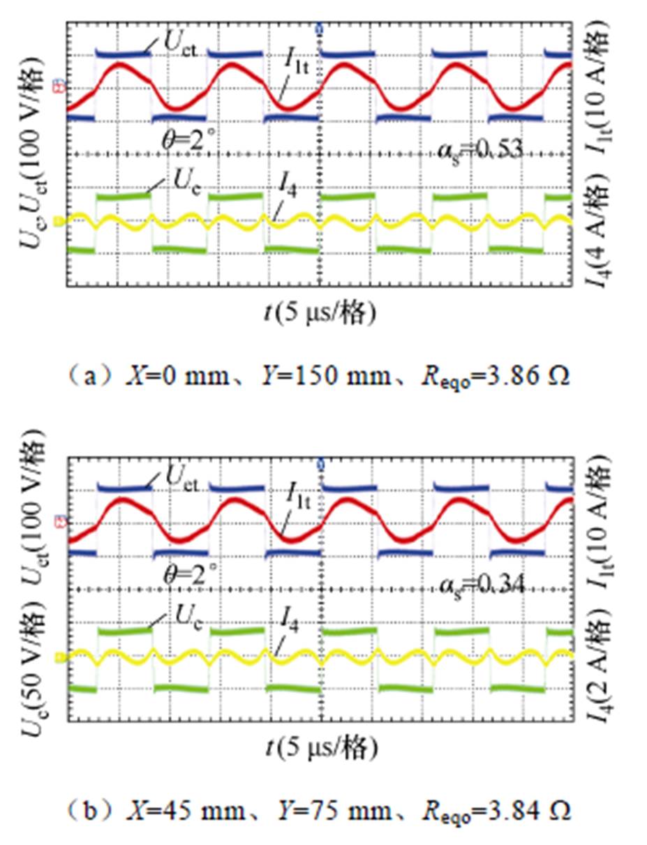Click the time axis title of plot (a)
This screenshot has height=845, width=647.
(320, 315)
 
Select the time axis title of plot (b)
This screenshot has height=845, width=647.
(320, 749)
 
